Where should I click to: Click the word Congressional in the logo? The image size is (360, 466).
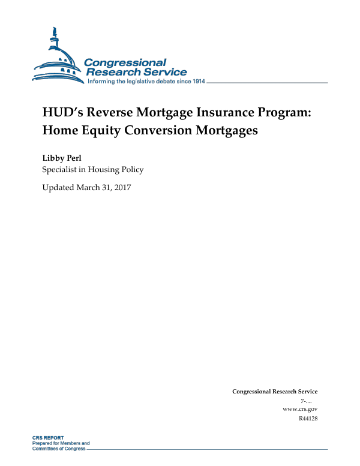(125, 62)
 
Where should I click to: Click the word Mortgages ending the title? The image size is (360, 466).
(232, 130)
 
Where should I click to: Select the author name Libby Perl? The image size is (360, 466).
(62, 158)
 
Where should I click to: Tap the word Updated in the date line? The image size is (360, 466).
(58, 188)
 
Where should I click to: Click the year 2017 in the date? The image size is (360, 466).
(121, 188)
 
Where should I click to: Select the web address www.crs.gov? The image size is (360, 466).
(299, 408)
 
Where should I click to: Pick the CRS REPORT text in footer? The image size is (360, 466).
(48, 438)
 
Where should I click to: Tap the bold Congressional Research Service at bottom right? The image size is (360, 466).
(275, 391)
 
